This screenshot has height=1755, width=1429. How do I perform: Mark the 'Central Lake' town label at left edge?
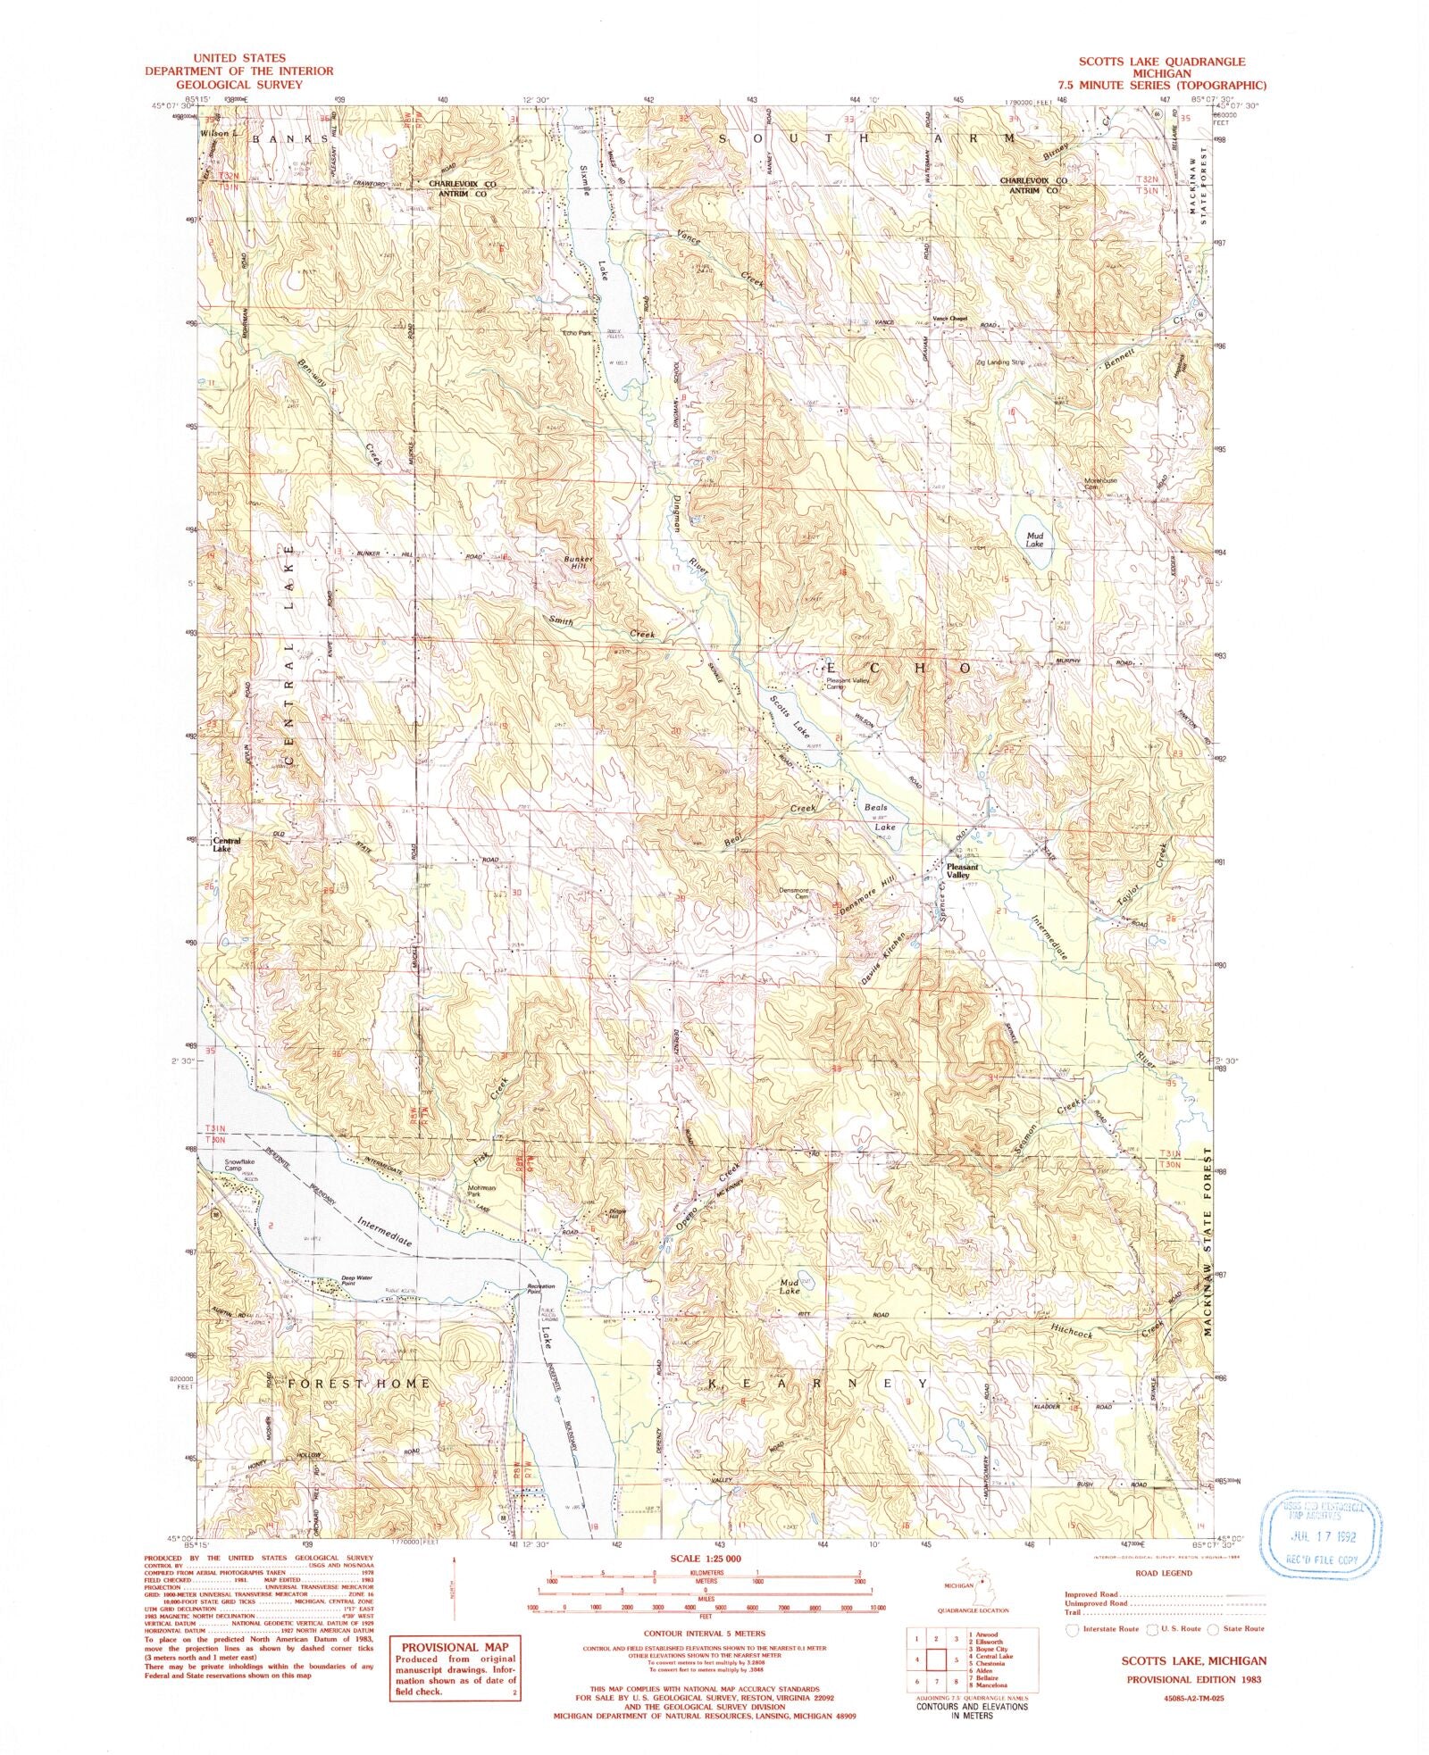tap(226, 844)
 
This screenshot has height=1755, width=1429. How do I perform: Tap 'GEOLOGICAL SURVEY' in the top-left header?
tap(239, 83)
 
